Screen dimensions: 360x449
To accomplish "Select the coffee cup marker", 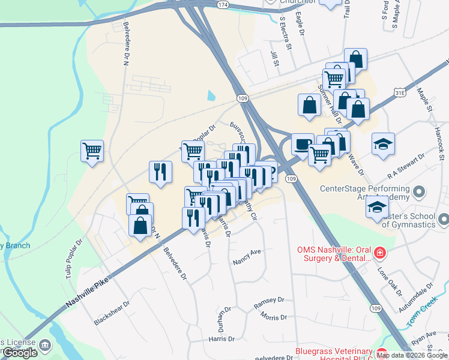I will coord(303,144).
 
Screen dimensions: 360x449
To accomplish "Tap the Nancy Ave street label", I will coord(247,258).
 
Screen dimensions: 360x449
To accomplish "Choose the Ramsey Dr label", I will coord(268,302).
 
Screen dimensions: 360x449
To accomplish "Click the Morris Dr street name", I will coord(274,317).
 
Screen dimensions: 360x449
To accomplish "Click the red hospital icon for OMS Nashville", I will coord(379,254).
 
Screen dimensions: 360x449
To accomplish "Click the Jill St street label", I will coord(274,59).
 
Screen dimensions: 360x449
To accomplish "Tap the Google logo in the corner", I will coord(19,353).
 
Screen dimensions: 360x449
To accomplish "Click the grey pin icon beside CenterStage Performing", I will coord(420,193).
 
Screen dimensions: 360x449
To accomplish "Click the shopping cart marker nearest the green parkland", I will coord(92,151).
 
